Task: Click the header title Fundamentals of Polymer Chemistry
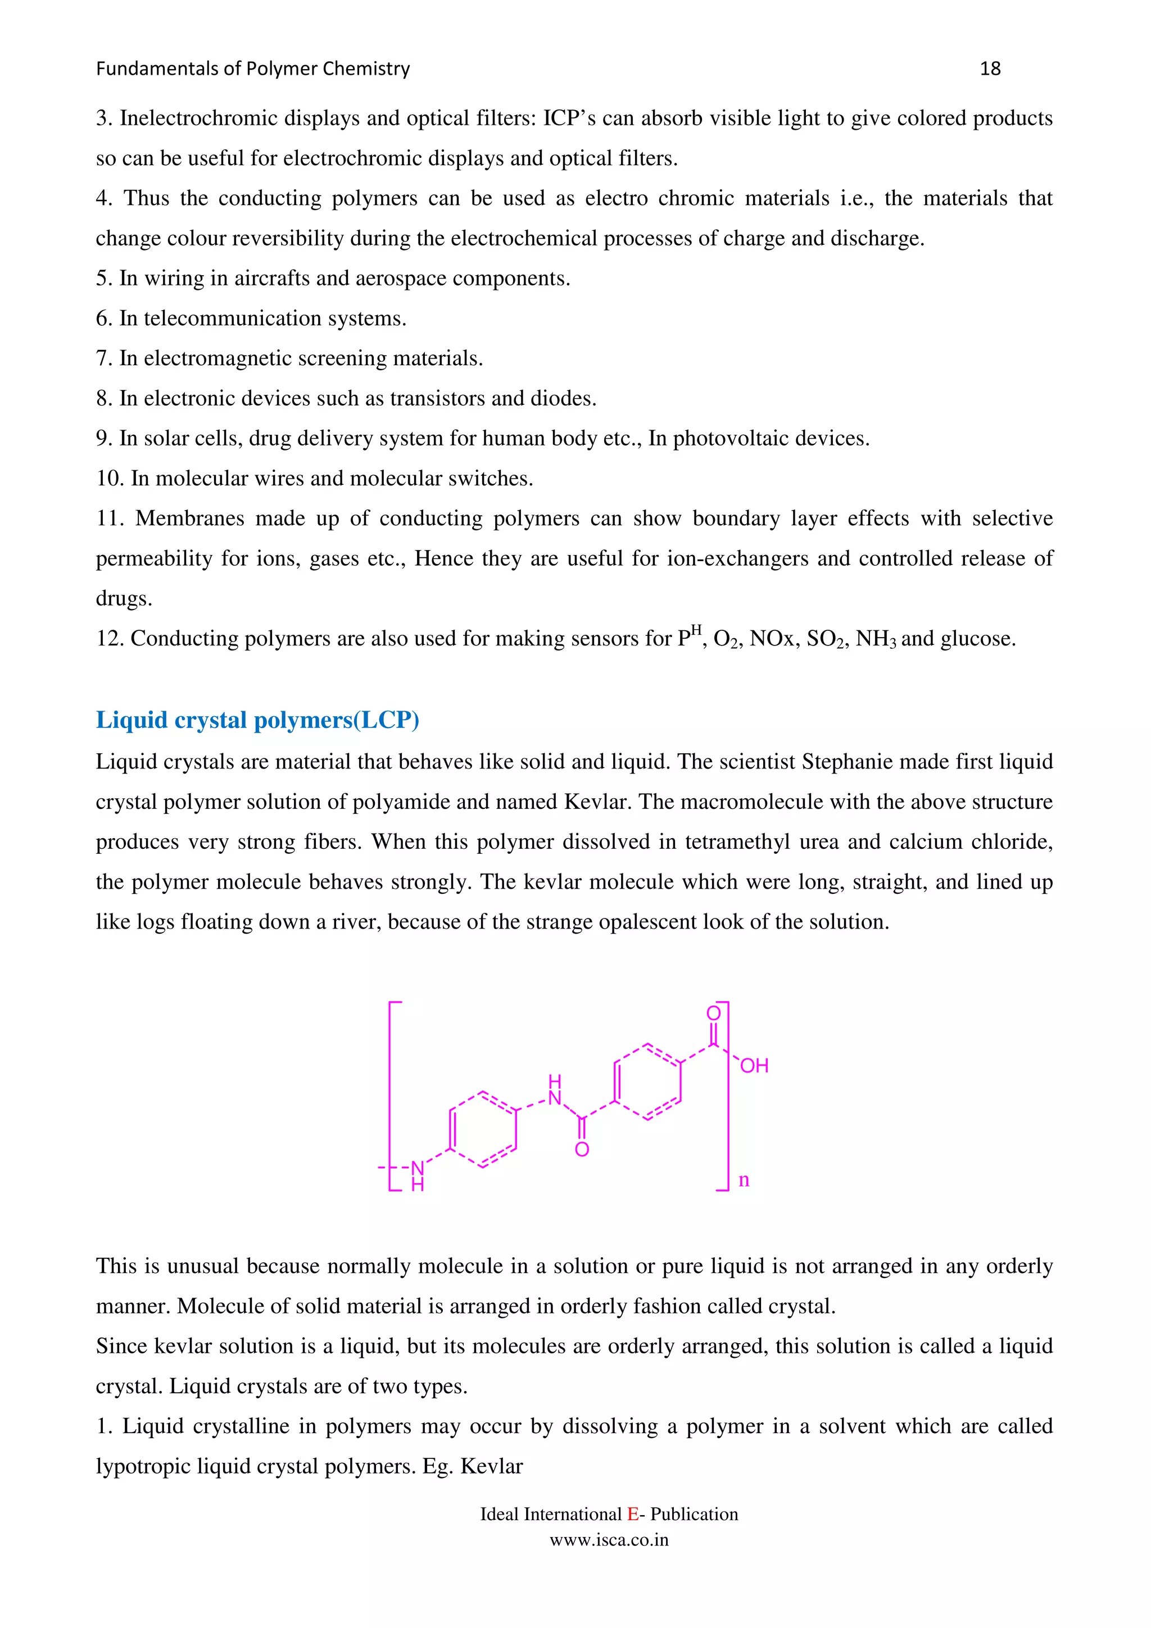(252, 69)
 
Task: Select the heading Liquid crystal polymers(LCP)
(257, 720)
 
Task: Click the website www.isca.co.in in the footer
(609, 1539)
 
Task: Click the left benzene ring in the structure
(483, 1129)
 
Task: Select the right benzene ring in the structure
(647, 1081)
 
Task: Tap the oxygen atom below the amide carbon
(582, 1149)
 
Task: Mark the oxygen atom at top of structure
(713, 1012)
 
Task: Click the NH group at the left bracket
(418, 1175)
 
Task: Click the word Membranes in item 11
(189, 519)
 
